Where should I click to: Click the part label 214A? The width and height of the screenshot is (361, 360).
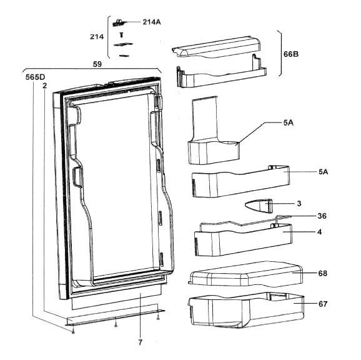[x=152, y=22]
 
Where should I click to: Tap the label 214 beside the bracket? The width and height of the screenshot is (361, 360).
[x=97, y=37]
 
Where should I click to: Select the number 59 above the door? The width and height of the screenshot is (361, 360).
[x=97, y=64]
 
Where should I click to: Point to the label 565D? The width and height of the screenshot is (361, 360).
[x=35, y=77]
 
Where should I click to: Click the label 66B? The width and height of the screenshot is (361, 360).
[x=291, y=54]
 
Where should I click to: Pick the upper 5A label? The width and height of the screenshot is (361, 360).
[x=289, y=122]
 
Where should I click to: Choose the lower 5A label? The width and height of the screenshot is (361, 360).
[x=324, y=172]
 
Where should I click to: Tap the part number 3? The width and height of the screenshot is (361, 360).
[x=299, y=204]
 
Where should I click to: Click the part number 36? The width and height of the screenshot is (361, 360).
[x=322, y=216]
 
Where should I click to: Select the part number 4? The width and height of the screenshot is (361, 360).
[x=320, y=232]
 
